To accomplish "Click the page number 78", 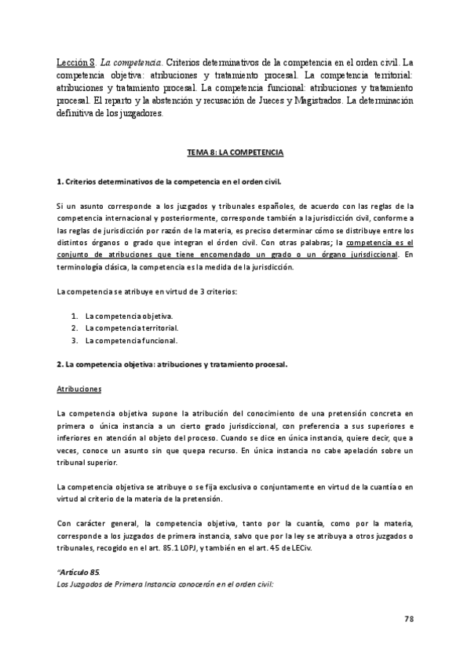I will tap(408, 619).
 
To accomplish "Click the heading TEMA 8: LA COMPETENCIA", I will tap(235, 150).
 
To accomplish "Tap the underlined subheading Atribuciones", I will tap(79, 389).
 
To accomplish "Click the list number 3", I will tap(74, 340).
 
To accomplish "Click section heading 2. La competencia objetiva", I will tap(173, 364).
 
